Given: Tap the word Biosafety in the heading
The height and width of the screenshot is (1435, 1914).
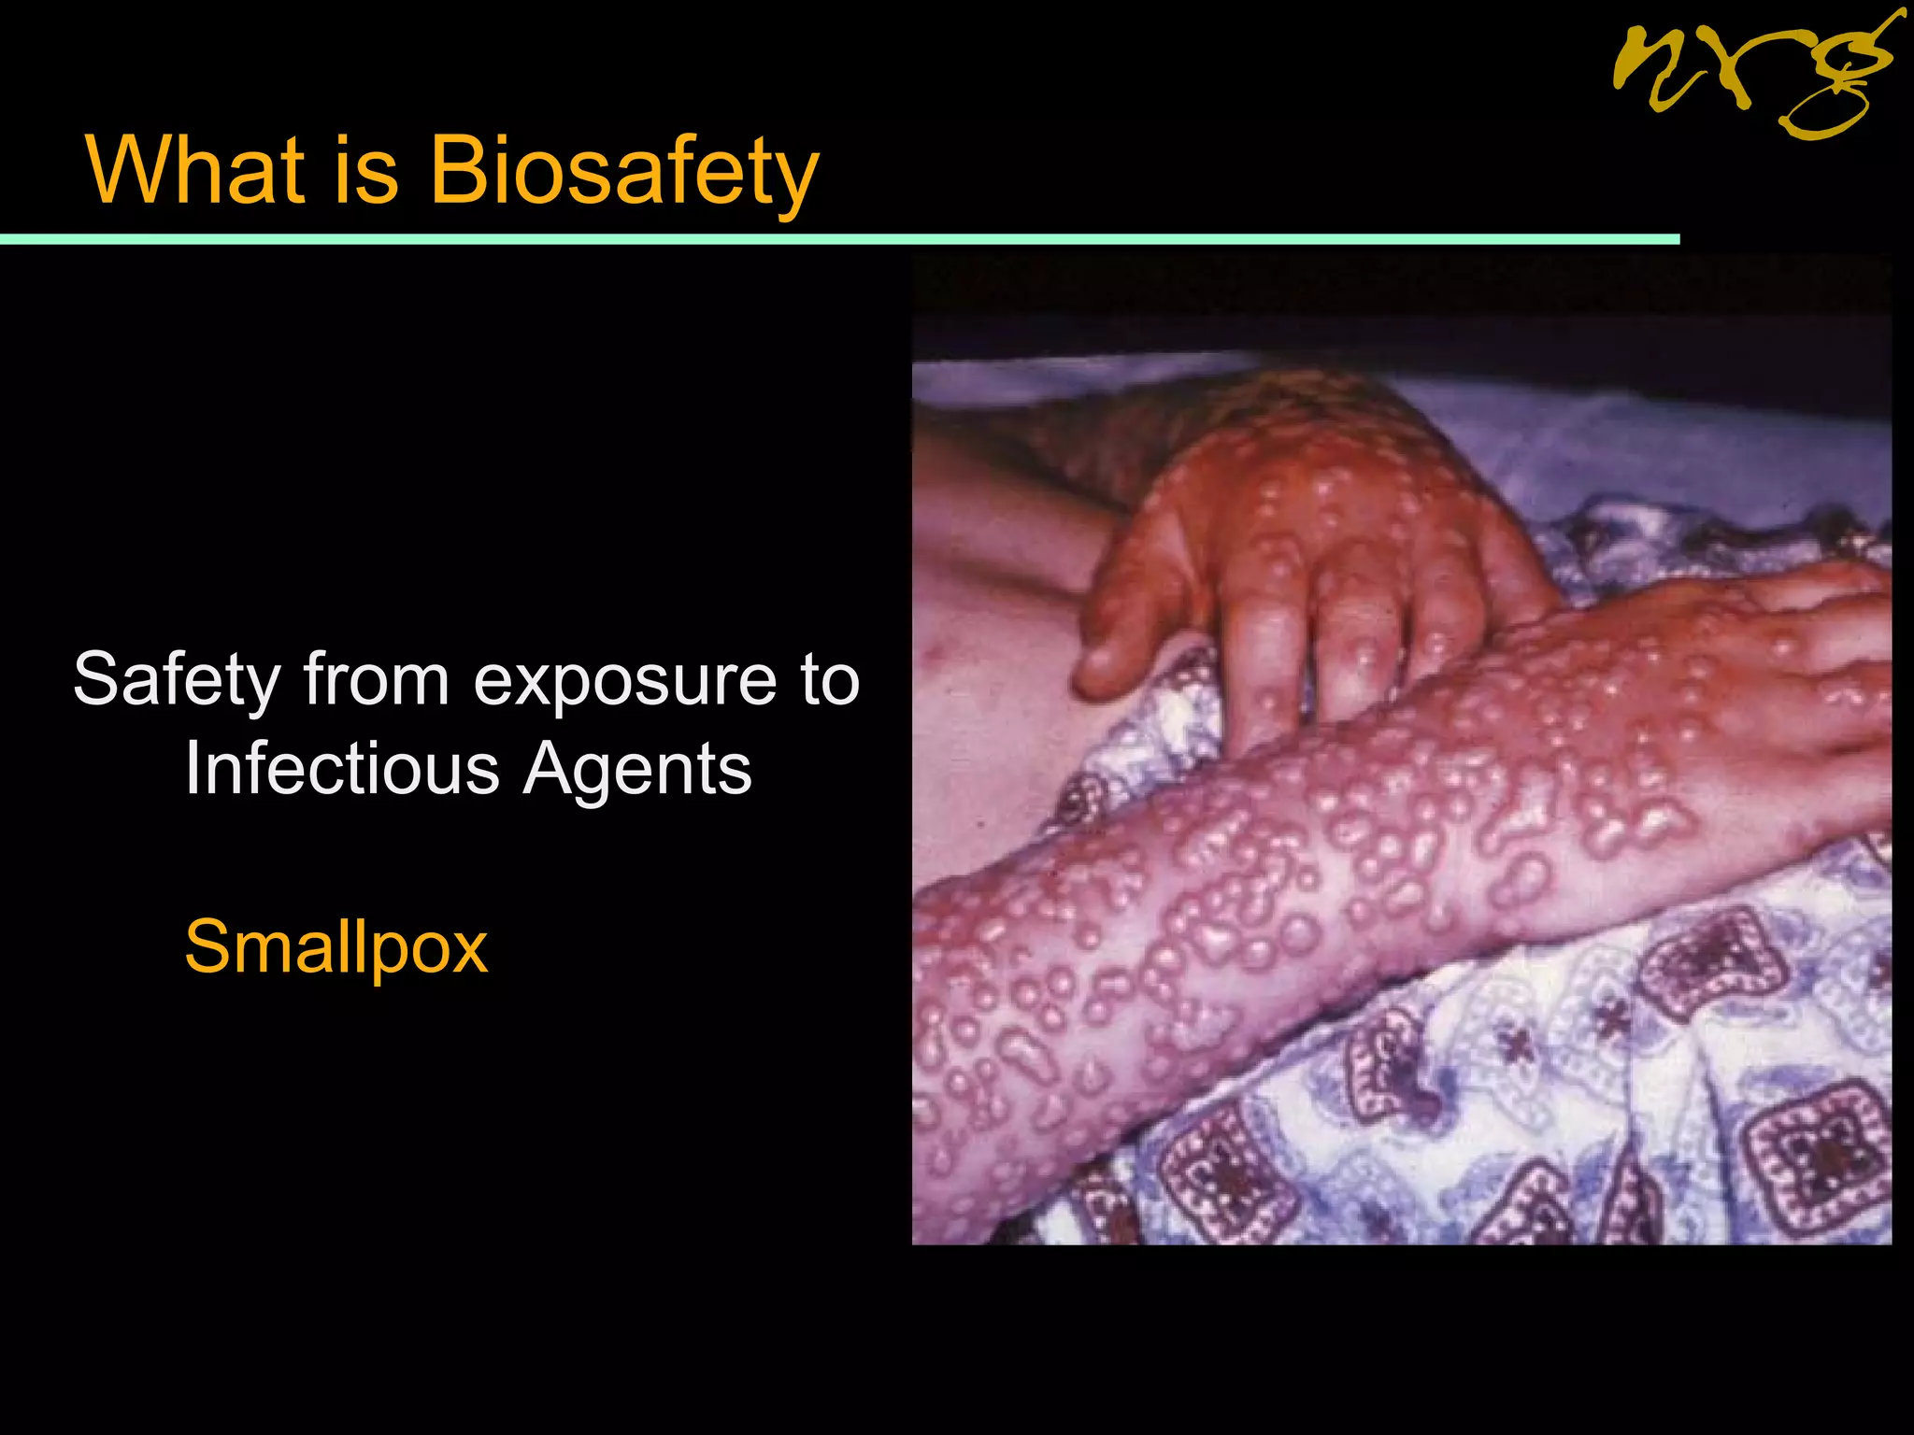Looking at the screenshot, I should point(623,172).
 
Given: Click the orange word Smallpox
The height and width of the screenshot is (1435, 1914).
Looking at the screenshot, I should point(336,947).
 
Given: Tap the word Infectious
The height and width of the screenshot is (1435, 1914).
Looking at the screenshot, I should point(342,770).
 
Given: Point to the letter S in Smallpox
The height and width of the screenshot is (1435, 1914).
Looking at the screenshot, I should point(207,946).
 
